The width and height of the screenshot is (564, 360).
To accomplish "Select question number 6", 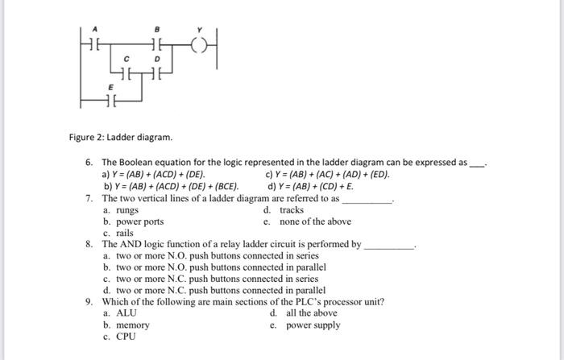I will tap(89, 162).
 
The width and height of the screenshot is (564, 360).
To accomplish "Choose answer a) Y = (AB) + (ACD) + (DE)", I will tap(153, 174).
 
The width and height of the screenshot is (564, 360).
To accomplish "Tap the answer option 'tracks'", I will tap(291, 210).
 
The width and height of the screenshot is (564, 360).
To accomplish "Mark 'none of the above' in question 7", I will tap(315, 221).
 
